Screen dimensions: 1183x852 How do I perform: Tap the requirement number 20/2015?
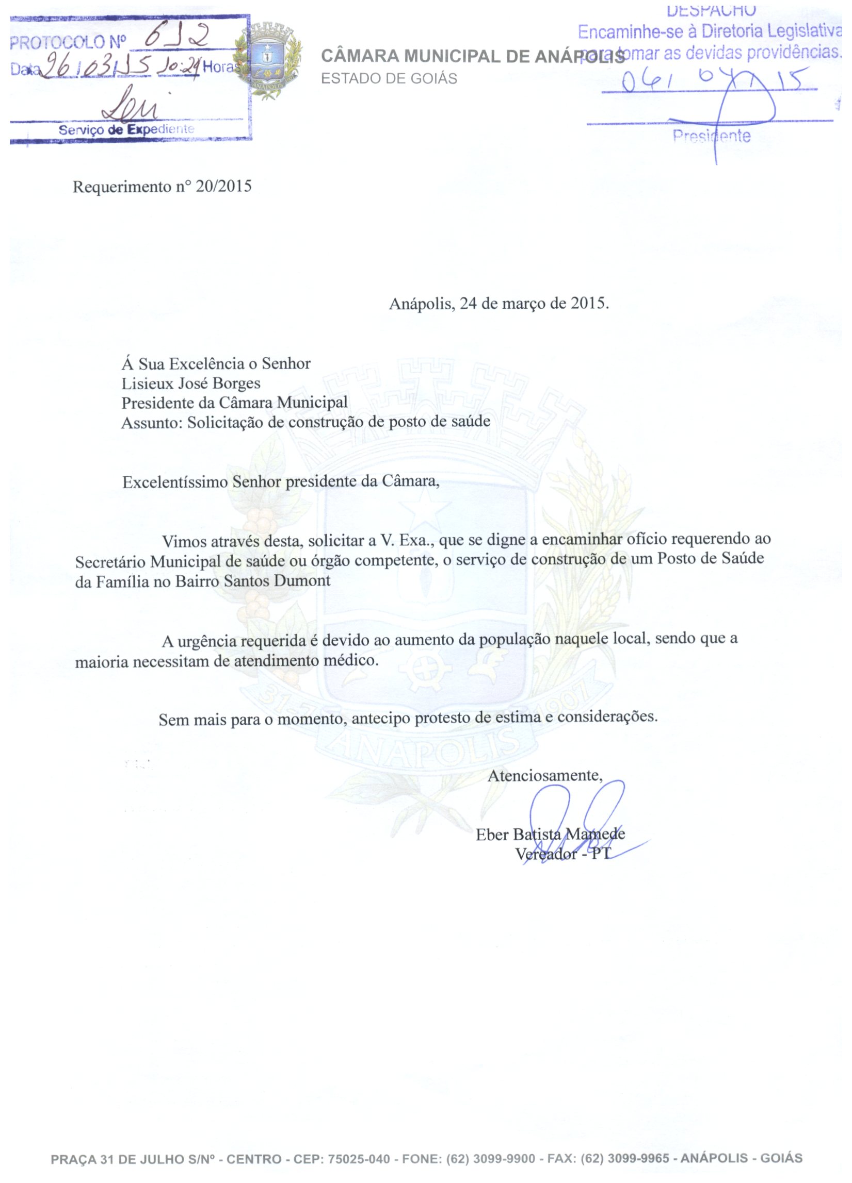pos(223,186)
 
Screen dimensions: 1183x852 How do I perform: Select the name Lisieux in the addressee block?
pos(142,384)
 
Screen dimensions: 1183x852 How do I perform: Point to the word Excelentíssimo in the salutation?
pos(175,481)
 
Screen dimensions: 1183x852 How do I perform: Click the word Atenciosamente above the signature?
pos(544,776)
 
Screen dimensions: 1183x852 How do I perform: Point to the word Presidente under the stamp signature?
pos(711,137)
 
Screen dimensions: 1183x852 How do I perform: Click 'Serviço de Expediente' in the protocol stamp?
pos(126,129)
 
